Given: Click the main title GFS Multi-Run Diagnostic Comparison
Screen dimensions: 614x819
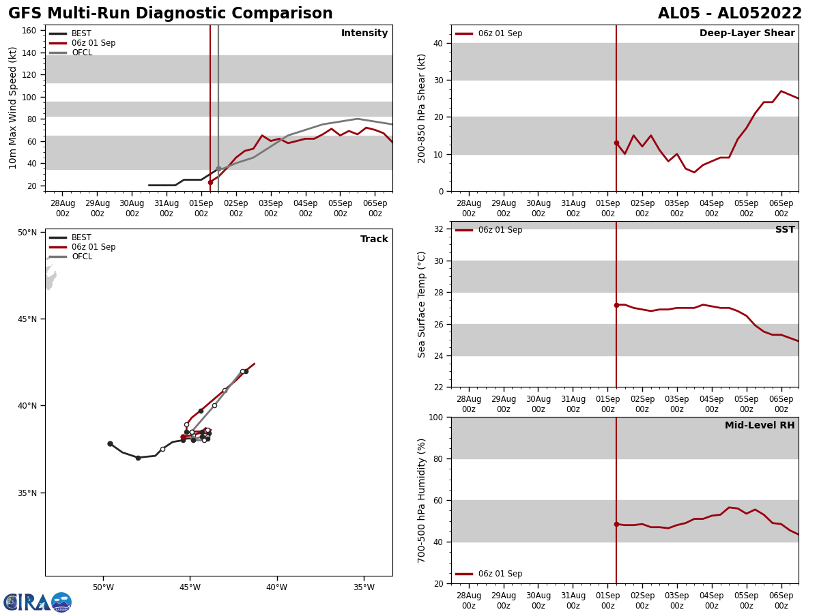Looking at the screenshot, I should click(x=170, y=14).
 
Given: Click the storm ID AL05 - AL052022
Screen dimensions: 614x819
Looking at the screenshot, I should click(x=730, y=14).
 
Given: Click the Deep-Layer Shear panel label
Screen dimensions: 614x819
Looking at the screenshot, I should click(x=747, y=33).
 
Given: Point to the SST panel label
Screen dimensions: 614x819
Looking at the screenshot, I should click(x=785, y=230).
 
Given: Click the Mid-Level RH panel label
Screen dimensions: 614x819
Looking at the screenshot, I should click(x=760, y=426).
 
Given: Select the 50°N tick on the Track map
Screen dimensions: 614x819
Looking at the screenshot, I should click(x=27, y=233).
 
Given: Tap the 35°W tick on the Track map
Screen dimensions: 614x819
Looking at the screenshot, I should click(x=364, y=587).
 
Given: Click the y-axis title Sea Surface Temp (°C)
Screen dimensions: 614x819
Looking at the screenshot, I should click(x=422, y=304).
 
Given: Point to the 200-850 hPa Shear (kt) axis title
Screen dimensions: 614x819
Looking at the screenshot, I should click(x=422, y=108).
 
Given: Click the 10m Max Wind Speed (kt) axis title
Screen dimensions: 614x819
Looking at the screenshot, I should click(x=13, y=108).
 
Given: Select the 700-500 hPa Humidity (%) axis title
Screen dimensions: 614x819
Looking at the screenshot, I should click(x=422, y=500).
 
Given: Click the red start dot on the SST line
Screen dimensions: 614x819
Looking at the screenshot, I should click(x=616, y=305).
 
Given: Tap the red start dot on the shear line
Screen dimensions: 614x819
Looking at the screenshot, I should click(x=616, y=143).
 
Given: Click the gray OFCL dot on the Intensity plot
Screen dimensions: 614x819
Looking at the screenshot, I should click(x=218, y=169).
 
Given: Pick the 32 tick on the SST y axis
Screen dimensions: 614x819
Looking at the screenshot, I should click(x=440, y=229).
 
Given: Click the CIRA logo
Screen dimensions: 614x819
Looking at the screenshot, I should click(x=37, y=602).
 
